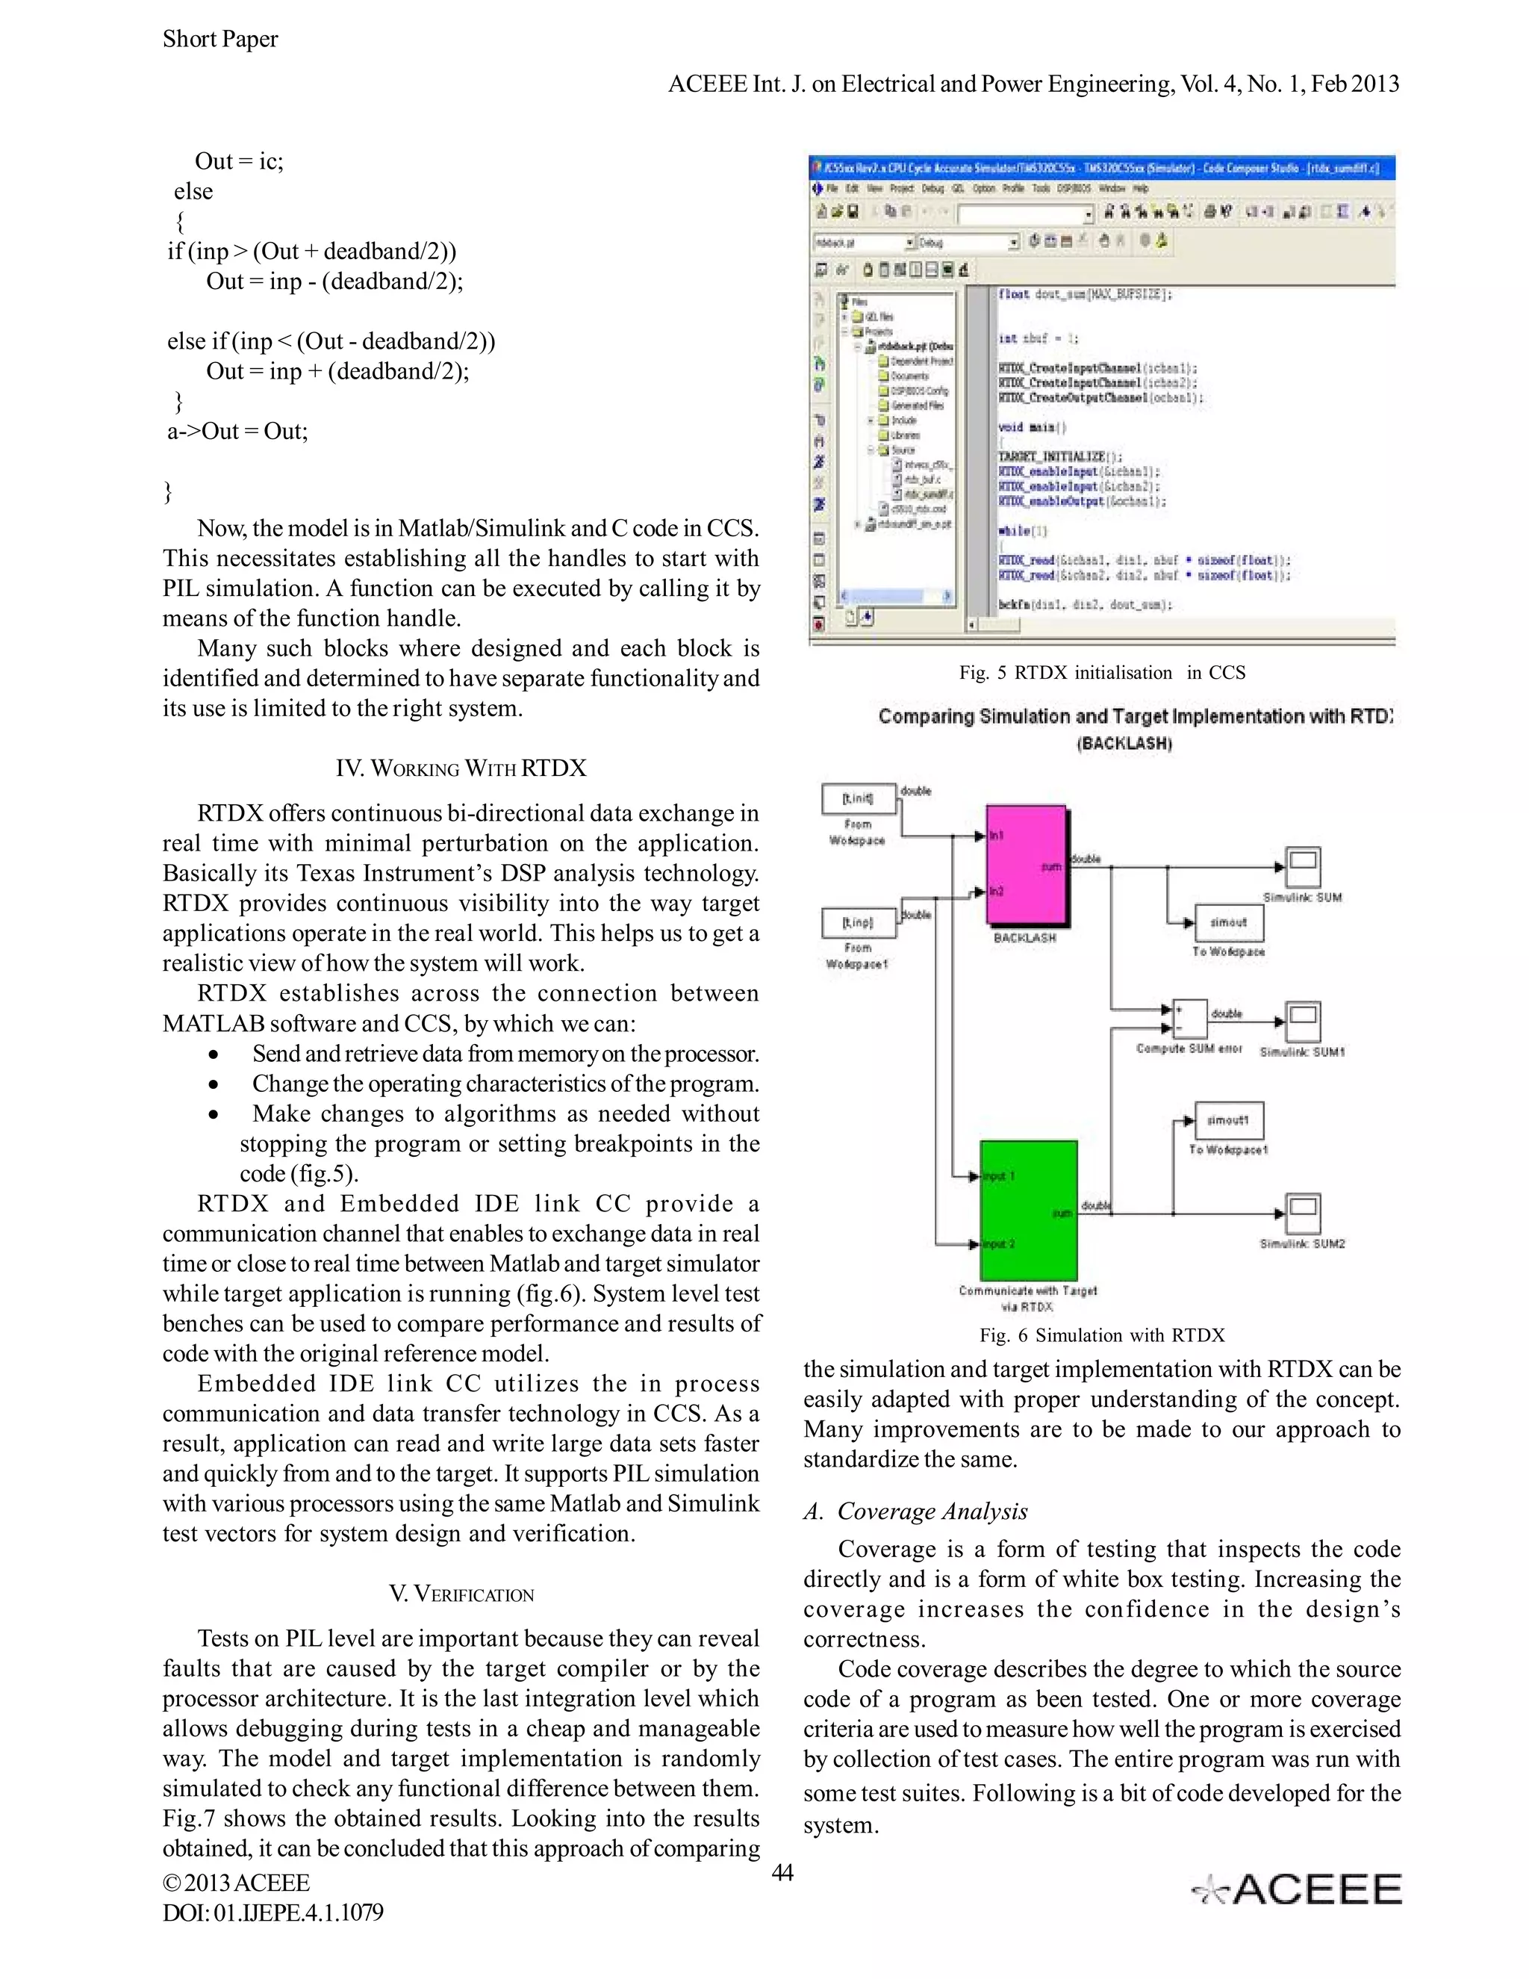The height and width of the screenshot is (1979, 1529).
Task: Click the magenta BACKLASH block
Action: [1025, 866]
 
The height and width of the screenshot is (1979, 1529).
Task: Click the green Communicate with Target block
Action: [1029, 1210]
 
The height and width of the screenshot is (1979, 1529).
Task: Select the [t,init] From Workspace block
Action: [858, 798]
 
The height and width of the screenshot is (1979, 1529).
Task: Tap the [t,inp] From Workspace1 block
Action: [858, 922]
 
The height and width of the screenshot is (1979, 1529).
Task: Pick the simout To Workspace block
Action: [1228, 922]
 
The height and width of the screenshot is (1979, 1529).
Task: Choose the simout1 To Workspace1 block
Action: [1228, 1121]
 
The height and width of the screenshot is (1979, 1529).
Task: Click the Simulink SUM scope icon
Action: [1303, 867]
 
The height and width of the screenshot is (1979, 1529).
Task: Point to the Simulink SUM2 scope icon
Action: [1303, 1212]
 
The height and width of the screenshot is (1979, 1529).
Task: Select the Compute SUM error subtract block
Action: [1189, 1019]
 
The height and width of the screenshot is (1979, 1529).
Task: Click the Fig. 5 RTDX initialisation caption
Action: [1101, 672]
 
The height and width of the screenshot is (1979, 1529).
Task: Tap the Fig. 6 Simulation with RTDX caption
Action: [1101, 1335]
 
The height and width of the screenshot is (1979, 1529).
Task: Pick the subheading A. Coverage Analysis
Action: [915, 1511]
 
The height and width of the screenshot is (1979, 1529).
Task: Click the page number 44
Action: [782, 1872]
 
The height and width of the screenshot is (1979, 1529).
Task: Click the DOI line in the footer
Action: [273, 1913]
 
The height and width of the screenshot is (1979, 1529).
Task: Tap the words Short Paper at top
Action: [220, 39]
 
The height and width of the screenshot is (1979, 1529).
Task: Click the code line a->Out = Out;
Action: [237, 432]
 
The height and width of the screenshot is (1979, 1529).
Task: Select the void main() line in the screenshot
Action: [1032, 426]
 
